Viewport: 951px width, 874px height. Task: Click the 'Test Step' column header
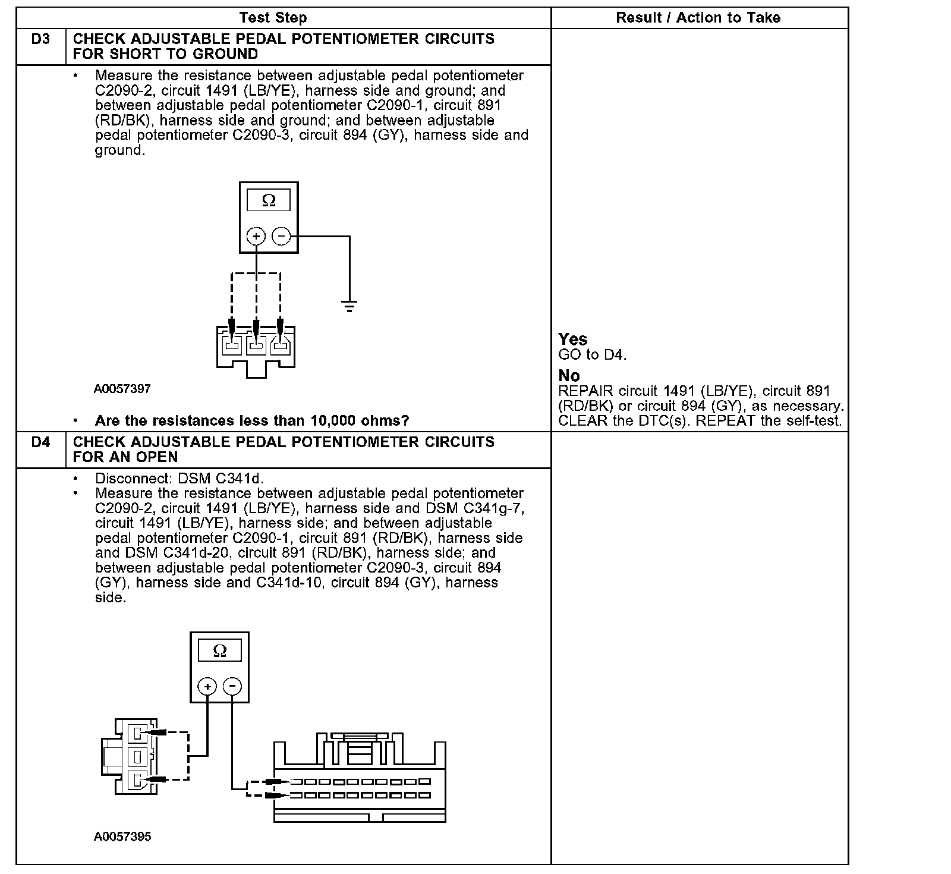tap(273, 18)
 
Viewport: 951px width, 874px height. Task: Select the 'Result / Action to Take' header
tap(698, 18)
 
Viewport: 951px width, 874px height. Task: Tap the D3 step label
tap(40, 39)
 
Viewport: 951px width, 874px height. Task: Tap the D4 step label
tap(40, 442)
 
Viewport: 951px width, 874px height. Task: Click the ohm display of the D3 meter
tap(269, 201)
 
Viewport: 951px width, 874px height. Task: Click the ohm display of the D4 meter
tap(219, 651)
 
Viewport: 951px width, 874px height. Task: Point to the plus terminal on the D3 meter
tap(256, 237)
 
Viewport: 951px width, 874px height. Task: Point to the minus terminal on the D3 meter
tap(281, 237)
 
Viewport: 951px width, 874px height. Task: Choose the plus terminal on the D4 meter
tap(207, 687)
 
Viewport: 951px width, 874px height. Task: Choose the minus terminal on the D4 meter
tap(232, 687)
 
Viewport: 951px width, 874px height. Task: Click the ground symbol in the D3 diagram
tap(349, 307)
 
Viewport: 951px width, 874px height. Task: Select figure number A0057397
tap(122, 389)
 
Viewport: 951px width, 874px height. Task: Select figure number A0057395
tap(122, 837)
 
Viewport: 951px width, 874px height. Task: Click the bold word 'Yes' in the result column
tap(573, 339)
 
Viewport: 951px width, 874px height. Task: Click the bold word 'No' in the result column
tap(569, 376)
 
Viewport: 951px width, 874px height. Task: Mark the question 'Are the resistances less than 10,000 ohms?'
tap(252, 421)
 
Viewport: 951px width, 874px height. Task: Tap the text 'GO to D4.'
tap(593, 355)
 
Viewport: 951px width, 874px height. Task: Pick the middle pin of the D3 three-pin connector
tap(256, 345)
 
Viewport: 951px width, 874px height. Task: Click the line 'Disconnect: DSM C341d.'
tap(179, 479)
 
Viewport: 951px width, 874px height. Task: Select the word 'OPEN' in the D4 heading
tap(158, 457)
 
